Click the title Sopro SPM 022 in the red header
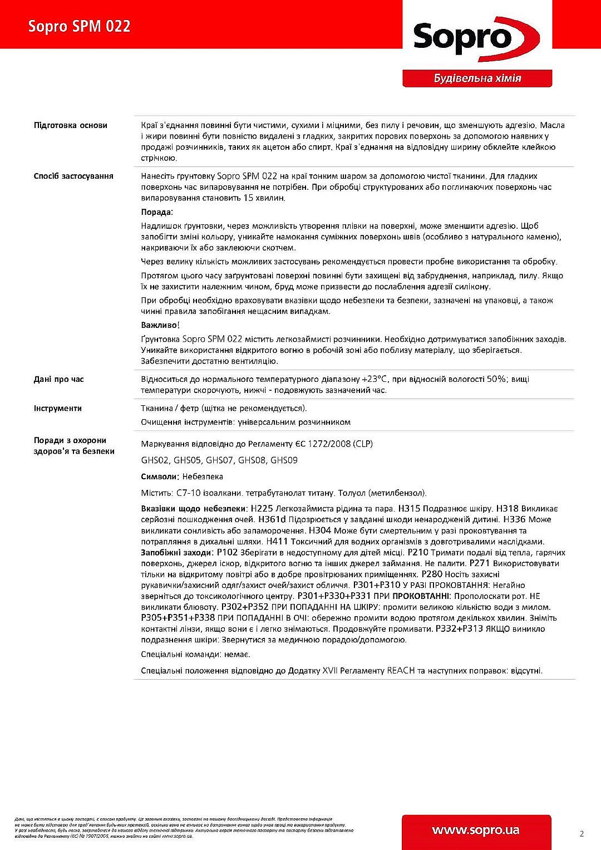80,26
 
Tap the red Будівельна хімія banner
477,78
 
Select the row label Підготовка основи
71,125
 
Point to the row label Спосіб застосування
73,176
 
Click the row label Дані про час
59,379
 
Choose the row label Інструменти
58,408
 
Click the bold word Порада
156,212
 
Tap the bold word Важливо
159,325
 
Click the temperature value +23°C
374,379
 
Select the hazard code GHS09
284,460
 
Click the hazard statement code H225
262,509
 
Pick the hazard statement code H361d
272,519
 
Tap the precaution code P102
228,552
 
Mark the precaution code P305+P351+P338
178,618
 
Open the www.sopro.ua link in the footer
476,830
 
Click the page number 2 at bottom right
582,833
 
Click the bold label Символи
159,476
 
